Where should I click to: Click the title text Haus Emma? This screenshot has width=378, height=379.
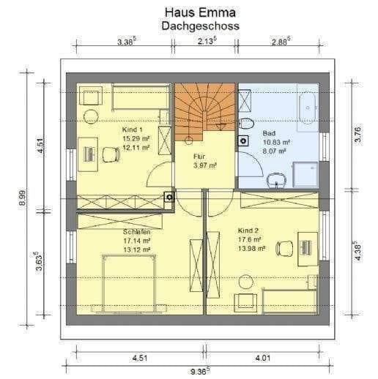tap(200, 12)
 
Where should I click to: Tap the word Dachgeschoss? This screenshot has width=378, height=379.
tap(200, 26)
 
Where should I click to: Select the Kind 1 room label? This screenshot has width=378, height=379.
tap(133, 130)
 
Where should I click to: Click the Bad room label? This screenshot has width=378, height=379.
tap(269, 133)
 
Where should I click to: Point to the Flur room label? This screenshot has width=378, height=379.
tap(199, 157)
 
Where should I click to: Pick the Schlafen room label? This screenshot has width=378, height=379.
tap(136, 232)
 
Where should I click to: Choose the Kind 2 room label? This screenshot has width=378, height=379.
tap(248, 230)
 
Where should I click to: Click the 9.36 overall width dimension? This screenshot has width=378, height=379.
tap(200, 372)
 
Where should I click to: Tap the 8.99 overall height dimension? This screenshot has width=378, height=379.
tap(22, 198)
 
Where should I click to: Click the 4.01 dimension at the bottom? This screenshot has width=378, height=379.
tap(263, 359)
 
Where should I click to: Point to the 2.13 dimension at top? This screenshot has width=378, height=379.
tap(207, 41)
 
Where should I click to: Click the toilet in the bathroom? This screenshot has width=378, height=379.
tap(246, 123)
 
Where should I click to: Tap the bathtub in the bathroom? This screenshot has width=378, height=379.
tap(308, 108)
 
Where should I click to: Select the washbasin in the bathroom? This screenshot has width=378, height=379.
tap(277, 180)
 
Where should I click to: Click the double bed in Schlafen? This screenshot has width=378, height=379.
tap(129, 283)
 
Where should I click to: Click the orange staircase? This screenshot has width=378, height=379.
tap(205, 111)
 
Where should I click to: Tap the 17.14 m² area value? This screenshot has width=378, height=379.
tap(136, 241)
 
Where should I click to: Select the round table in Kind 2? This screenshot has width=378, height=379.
tap(246, 282)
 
